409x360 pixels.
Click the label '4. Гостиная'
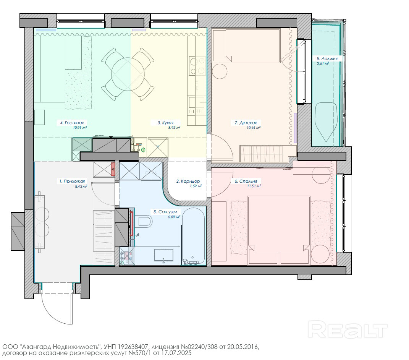tap(72, 123)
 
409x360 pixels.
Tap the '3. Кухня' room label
tap(165, 123)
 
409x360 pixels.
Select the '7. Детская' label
tap(246, 123)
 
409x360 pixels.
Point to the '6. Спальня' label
tap(246, 181)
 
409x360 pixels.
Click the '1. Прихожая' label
tap(72, 181)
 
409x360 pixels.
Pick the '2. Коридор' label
tap(188, 181)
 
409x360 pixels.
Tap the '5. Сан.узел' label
tap(165, 212)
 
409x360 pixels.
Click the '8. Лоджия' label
tap(327, 59)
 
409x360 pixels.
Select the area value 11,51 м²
tap(254, 186)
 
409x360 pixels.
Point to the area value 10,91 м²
tap(80, 128)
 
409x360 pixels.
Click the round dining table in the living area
tap(128, 74)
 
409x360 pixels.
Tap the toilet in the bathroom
tap(145, 221)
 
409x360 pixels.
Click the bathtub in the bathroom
tap(193, 236)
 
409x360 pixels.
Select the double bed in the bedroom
tap(279, 230)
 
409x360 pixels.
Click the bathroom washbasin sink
tap(163, 255)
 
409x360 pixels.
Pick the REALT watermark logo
tap(348, 330)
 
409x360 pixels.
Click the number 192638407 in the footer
tap(133, 347)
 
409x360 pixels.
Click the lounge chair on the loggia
tap(326, 122)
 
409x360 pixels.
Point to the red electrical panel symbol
tap(113, 169)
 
